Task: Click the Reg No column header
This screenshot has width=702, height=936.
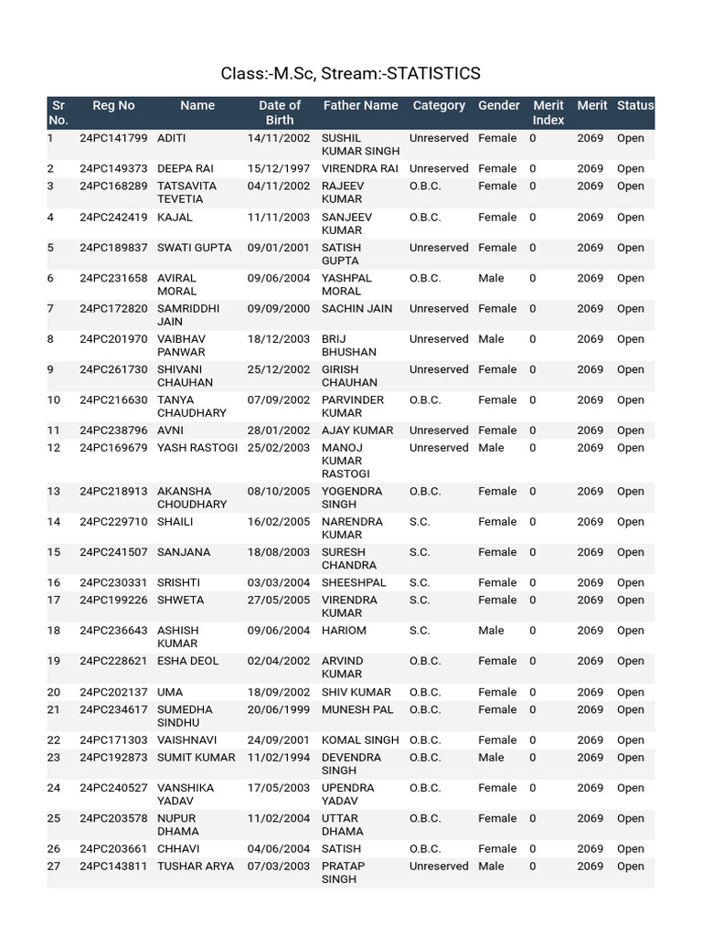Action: coord(113,106)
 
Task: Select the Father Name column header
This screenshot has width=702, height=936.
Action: coord(360,106)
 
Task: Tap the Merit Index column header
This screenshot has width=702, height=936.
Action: coord(548,112)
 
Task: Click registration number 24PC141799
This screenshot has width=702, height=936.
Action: coord(113,139)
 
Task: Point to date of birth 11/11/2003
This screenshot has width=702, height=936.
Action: coord(279,218)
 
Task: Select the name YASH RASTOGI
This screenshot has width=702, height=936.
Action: coord(197,448)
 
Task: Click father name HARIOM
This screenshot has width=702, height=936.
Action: coord(344,631)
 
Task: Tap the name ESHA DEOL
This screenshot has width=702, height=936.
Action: coord(188,661)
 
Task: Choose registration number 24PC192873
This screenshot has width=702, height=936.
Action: coord(113,758)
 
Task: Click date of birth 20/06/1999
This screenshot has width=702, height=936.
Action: coord(279,709)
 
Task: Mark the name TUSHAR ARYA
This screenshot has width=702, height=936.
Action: coord(196,867)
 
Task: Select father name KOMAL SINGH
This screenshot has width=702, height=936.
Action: coord(360,740)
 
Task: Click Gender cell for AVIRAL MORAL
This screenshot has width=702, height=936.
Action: coord(491,279)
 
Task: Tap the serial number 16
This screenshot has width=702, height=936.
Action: coord(54,583)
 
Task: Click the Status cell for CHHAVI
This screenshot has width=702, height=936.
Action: coord(631,849)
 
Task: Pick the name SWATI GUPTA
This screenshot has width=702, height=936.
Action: coord(195,248)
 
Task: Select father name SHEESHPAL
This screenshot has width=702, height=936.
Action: coord(354,583)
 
